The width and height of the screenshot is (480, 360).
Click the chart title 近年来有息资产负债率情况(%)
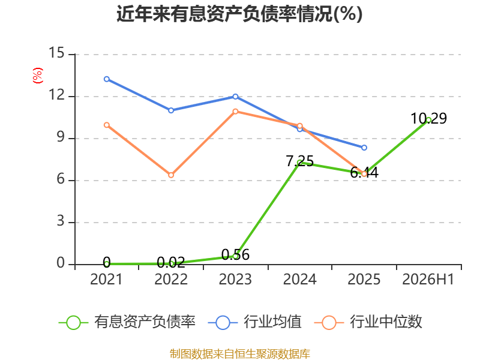tap(239, 14)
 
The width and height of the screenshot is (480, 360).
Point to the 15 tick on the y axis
tap(56, 53)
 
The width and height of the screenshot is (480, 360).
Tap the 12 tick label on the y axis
tap(56, 95)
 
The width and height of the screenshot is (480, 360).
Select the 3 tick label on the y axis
tap(61, 221)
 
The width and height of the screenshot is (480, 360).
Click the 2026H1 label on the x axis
tap(428, 279)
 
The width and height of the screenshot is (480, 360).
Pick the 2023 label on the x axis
tap(235, 279)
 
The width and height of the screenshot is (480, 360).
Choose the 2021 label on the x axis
tap(106, 279)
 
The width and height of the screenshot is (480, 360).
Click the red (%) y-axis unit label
tap(38, 76)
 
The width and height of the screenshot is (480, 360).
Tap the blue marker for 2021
tap(107, 79)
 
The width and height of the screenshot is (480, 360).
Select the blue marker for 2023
tap(235, 97)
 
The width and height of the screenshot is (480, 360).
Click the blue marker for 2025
tap(364, 148)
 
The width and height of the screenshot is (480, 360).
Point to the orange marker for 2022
tap(171, 175)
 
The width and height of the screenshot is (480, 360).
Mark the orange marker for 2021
tap(107, 125)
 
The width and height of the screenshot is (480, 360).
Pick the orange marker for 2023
tap(235, 112)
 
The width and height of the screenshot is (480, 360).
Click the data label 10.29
tap(428, 118)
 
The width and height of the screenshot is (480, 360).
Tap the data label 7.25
tap(299, 161)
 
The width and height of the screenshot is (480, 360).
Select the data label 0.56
tap(235, 254)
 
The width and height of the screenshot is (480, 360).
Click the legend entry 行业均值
tap(254, 322)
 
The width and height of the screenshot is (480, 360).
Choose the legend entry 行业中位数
tap(368, 322)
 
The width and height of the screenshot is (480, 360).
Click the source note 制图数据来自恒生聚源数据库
tap(240, 354)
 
